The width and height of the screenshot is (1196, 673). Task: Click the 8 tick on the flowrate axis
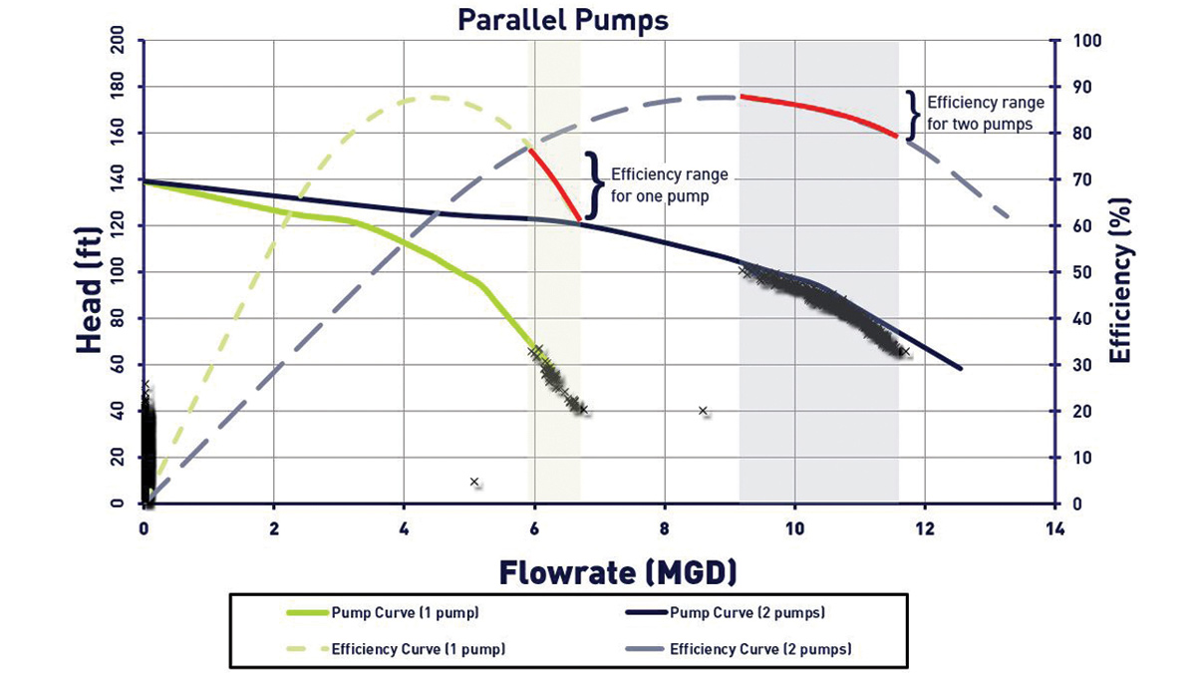pos(664,526)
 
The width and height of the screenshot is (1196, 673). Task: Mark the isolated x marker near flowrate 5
pos(474,482)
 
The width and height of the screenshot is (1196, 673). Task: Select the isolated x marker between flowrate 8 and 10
pos(703,410)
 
